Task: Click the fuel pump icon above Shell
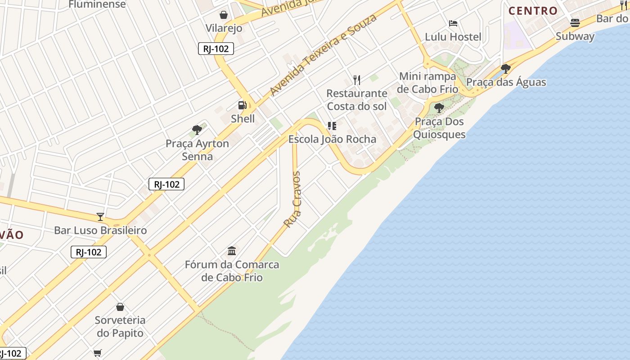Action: pyautogui.click(x=243, y=105)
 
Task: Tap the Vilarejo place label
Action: pyautogui.click(x=224, y=28)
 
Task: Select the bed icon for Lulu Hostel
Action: pyautogui.click(x=453, y=23)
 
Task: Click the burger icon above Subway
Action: pyautogui.click(x=575, y=22)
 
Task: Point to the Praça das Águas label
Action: pyautogui.click(x=506, y=82)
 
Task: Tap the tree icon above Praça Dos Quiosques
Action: pyautogui.click(x=439, y=108)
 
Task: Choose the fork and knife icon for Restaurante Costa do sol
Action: pyautogui.click(x=357, y=80)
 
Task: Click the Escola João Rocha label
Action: pyautogui.click(x=332, y=139)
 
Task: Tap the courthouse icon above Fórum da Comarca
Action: pyautogui.click(x=232, y=251)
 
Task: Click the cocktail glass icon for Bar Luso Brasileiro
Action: pyautogui.click(x=100, y=217)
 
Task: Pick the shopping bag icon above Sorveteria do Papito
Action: pyautogui.click(x=120, y=307)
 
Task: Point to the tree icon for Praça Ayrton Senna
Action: pyautogui.click(x=197, y=130)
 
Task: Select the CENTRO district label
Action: pyautogui.click(x=533, y=11)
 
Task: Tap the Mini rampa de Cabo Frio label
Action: pyautogui.click(x=427, y=82)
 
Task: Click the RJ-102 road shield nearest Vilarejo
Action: pyautogui.click(x=216, y=49)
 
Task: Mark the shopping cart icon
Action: pyautogui.click(x=98, y=353)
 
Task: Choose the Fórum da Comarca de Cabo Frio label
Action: pyautogui.click(x=232, y=271)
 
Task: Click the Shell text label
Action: pyautogui.click(x=243, y=119)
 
